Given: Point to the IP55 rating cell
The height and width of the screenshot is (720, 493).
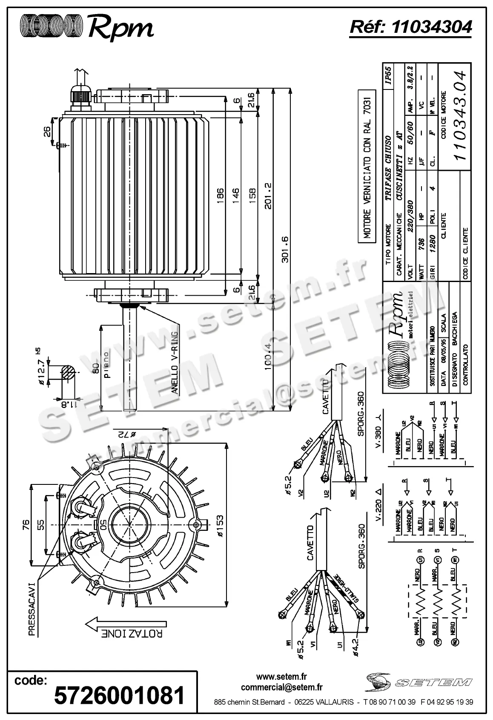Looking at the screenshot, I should click(388, 75).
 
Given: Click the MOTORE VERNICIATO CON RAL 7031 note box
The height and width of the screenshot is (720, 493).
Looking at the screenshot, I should click(367, 167).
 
